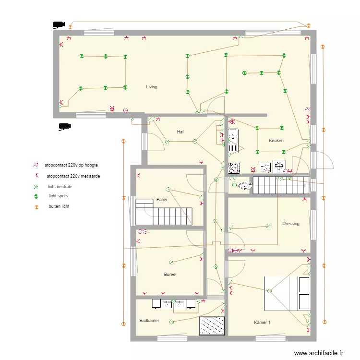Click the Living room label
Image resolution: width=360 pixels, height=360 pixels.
(152, 87)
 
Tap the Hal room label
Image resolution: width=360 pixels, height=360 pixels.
(180, 132)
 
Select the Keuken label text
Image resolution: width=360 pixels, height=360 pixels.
(276, 141)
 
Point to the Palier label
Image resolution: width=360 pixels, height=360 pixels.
(162, 199)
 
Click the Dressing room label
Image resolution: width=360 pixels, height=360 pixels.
(291, 224)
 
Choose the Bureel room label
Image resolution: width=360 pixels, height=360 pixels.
(170, 275)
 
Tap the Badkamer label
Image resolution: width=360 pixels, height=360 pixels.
(149, 321)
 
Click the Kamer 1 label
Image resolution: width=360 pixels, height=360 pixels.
(262, 323)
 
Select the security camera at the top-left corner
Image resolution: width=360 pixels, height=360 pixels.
(59, 24)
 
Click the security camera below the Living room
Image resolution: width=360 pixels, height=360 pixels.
(64, 127)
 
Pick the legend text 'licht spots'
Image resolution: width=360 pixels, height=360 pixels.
(58, 196)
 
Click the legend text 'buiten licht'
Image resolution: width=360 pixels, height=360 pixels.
(59, 206)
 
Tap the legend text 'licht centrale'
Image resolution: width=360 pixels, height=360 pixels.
(60, 186)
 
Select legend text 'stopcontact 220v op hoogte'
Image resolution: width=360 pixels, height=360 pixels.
(71, 165)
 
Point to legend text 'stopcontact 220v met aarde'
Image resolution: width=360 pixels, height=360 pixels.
(73, 176)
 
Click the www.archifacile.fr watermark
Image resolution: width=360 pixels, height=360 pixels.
(319, 353)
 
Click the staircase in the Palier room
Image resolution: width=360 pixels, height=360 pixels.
(165, 213)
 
